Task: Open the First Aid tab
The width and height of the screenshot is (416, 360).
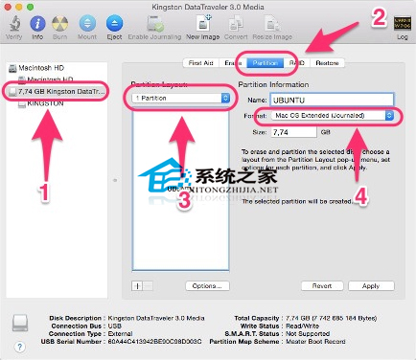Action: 201,63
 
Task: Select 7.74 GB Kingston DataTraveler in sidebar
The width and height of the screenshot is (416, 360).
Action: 63,91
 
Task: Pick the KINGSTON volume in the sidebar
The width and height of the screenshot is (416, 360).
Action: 46,101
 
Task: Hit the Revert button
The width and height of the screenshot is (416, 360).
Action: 321,285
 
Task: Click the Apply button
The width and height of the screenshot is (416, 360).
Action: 369,285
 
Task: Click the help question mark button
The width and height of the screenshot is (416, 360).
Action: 20,348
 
